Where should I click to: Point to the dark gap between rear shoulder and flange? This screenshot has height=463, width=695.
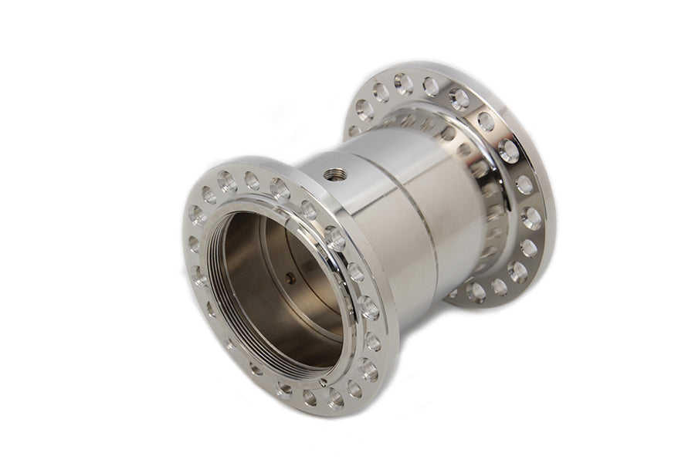click(494, 231)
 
